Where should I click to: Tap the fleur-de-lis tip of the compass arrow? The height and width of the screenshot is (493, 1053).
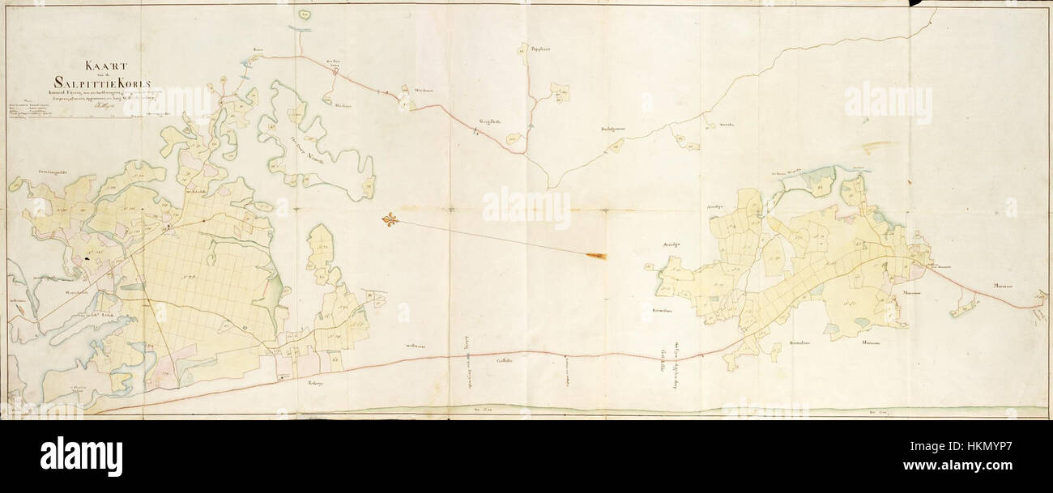[x=390, y=219]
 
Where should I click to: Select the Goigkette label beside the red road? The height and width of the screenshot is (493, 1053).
[x=491, y=122]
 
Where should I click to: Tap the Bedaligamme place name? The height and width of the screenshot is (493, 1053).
[x=616, y=128]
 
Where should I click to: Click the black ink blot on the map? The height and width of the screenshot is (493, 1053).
[x=87, y=259]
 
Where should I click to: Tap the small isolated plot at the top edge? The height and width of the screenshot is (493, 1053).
[x=304, y=14]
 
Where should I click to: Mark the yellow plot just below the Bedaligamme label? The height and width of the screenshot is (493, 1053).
[x=616, y=146]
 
